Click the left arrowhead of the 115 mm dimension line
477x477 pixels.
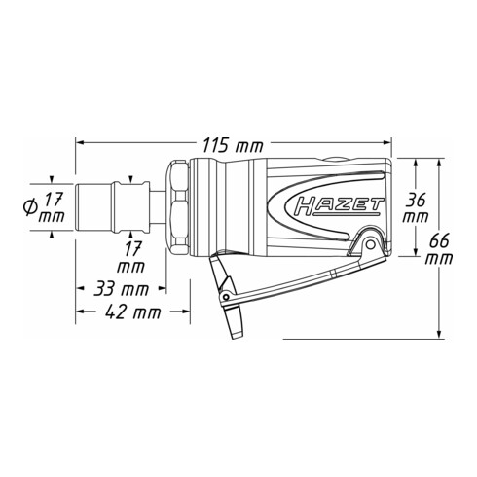click(x=80, y=145)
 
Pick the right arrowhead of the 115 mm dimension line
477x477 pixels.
click(x=388, y=145)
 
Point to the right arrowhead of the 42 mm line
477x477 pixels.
click(x=185, y=312)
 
